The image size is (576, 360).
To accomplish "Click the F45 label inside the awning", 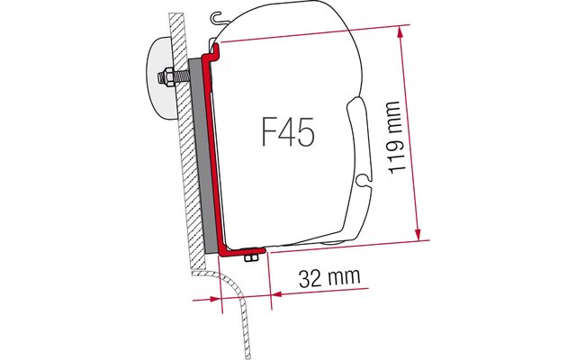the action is click(x=288, y=132).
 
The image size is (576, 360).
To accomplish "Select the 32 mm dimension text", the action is click(x=329, y=278).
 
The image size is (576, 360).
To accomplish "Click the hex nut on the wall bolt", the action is click(x=168, y=77).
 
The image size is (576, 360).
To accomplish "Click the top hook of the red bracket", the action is click(x=214, y=50).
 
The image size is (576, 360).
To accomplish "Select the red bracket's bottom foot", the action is click(x=242, y=252).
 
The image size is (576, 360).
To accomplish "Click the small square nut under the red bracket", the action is click(x=250, y=258).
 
